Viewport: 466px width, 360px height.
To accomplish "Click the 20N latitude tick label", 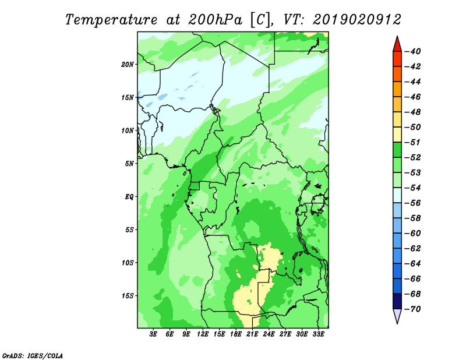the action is point(128,65).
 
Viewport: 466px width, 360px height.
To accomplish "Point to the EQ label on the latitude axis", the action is point(129,197).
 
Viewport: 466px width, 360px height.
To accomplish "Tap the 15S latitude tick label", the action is point(128,296).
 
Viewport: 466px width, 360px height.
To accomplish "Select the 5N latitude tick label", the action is point(129,164).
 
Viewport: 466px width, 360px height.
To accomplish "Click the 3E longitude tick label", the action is point(153,334).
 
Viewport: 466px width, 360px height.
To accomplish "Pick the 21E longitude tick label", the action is point(252,334).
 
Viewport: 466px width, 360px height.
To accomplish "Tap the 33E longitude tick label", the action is point(318,334).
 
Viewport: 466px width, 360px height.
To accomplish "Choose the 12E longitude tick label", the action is point(203,334).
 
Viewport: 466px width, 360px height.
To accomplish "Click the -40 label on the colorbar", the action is point(412,51).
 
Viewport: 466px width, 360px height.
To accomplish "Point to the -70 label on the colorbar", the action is point(412,309).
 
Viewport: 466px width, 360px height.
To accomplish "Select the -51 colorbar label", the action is point(412,142).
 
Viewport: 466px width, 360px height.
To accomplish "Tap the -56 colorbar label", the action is point(412,203).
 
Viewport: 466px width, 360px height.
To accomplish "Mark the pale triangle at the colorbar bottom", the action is point(397,315).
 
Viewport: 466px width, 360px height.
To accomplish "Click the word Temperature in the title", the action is point(111,20).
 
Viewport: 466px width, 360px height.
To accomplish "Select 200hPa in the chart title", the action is point(215,20).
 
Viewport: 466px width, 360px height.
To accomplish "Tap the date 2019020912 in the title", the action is point(357,20).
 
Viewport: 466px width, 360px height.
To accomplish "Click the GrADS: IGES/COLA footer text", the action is point(33,356).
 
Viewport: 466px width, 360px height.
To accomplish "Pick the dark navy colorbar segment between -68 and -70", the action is point(397,301).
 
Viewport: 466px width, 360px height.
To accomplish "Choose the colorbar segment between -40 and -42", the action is point(397,59).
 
